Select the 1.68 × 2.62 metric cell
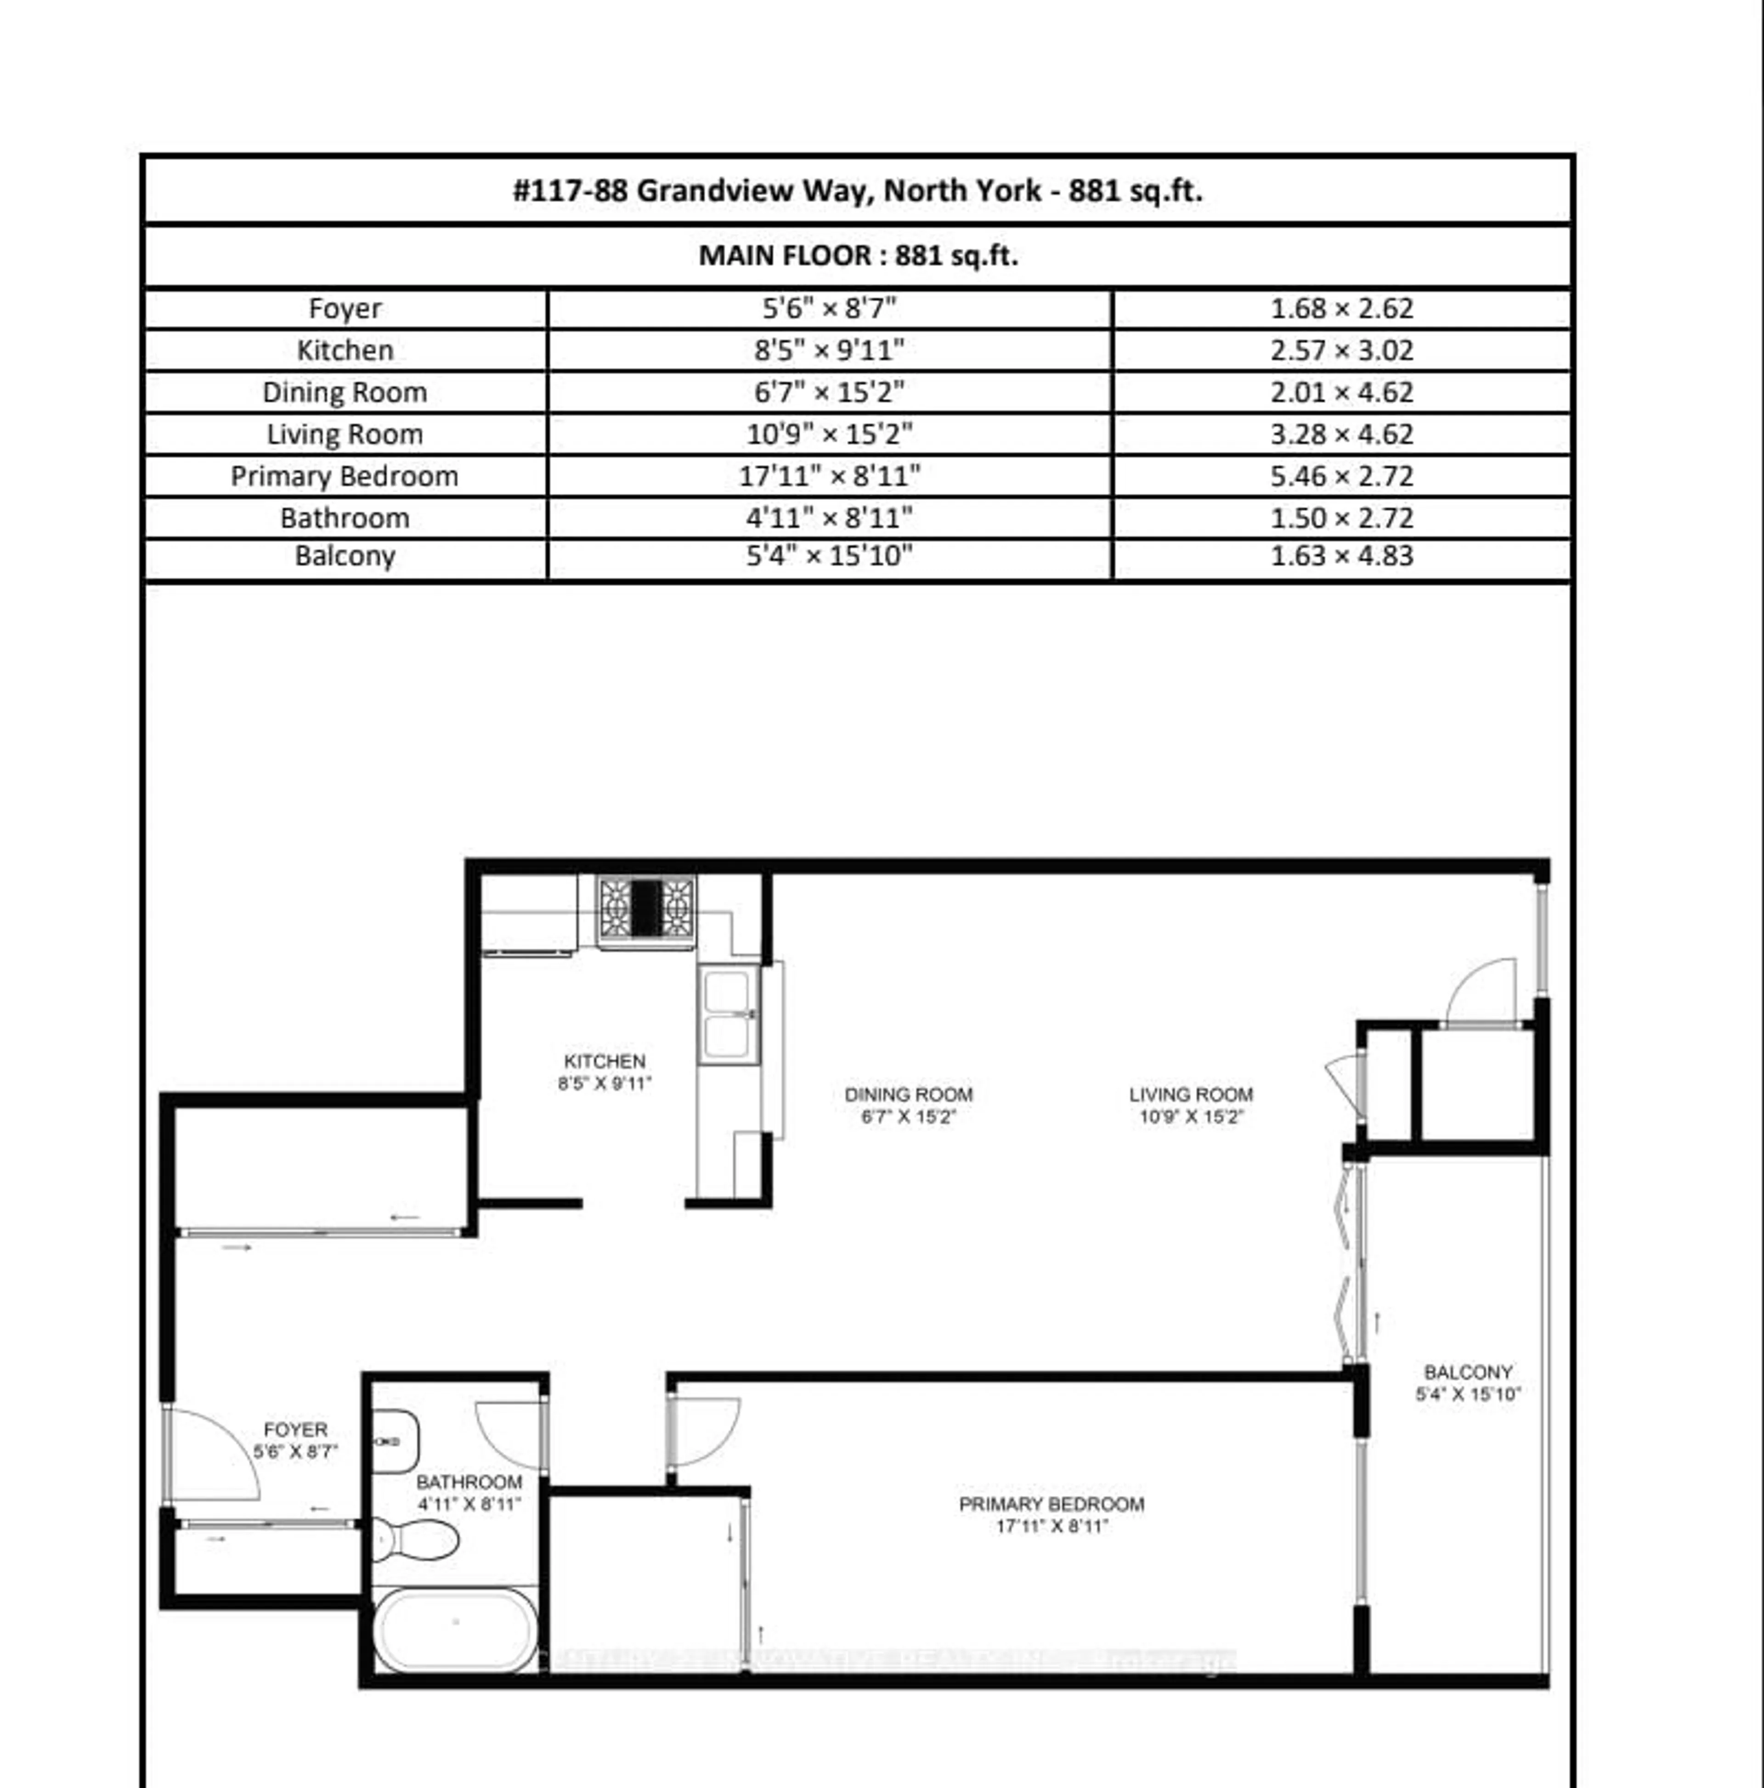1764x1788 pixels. pyautogui.click(x=1341, y=308)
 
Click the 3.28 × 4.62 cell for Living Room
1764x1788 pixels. pyautogui.click(x=1341, y=434)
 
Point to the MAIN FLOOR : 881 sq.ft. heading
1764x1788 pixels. pyautogui.click(x=858, y=255)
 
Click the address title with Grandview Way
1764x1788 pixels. pyautogui.click(x=858, y=191)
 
